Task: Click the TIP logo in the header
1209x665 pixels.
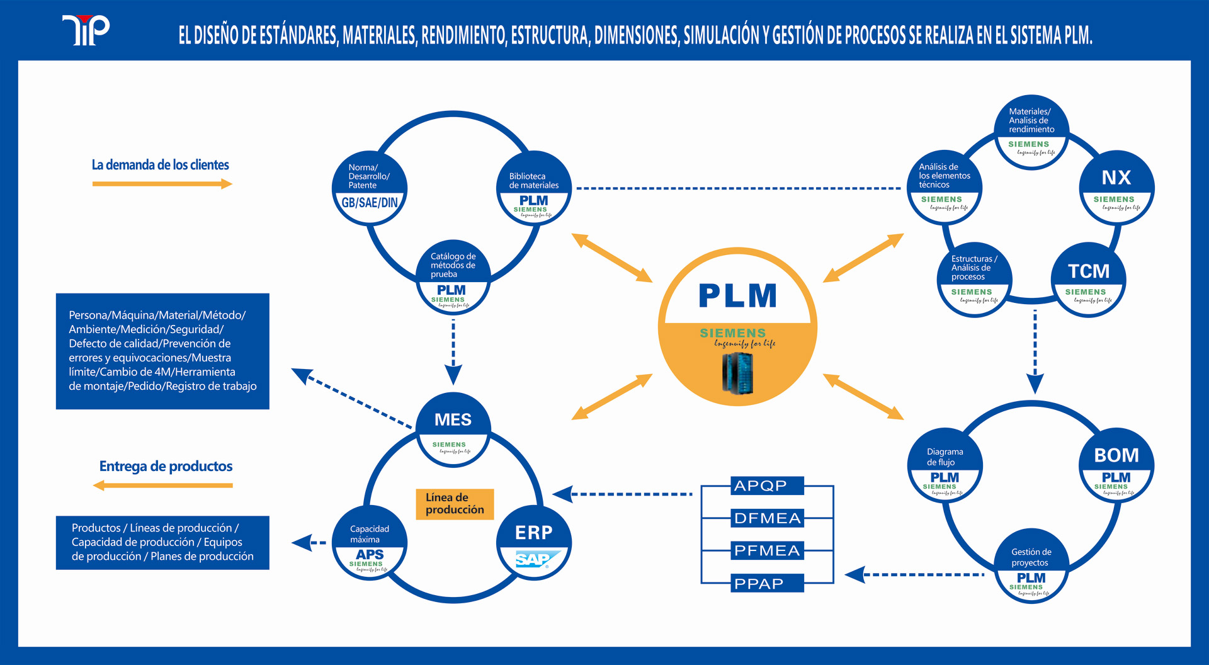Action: (86, 30)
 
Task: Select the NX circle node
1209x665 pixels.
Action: (1116, 188)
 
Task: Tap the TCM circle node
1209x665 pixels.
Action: (1088, 280)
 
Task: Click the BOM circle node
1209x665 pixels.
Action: (1116, 466)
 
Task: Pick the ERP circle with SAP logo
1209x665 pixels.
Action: (534, 543)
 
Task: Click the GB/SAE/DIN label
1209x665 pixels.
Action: (370, 203)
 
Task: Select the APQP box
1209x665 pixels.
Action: (767, 486)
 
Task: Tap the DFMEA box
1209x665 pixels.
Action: (767, 518)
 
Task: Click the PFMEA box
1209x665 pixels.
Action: (767, 550)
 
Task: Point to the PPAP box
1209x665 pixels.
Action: (767, 583)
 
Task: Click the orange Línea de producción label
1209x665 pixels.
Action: (455, 504)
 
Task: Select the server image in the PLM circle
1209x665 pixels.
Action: (737, 373)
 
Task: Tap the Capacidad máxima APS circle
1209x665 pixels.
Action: (370, 543)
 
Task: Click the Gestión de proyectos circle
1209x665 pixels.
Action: (1031, 567)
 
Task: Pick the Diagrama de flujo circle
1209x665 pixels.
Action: (945, 466)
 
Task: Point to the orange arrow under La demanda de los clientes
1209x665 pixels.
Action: (162, 184)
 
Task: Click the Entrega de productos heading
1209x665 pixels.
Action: (166, 467)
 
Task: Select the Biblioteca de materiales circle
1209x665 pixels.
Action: (534, 188)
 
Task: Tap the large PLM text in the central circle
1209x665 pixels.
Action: (737, 295)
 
